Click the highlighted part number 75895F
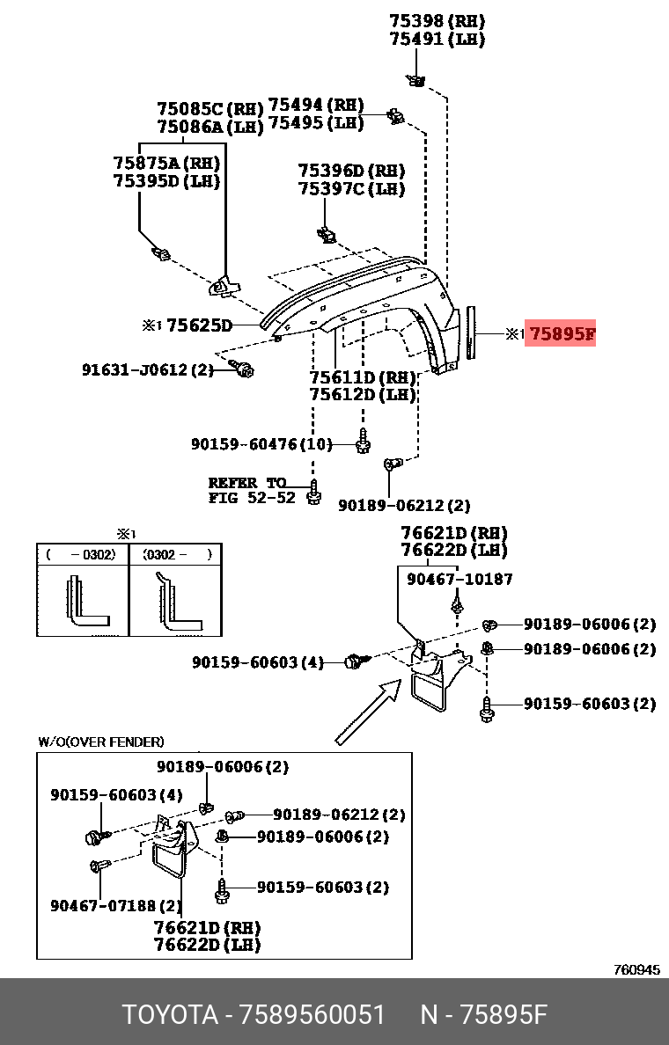pyautogui.click(x=561, y=333)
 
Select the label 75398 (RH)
pyautogui.click(x=437, y=21)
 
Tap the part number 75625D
pyautogui.click(x=199, y=326)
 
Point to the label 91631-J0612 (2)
pyautogui.click(x=148, y=370)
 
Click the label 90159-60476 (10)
pyautogui.click(x=261, y=445)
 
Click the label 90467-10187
pyautogui.click(x=459, y=579)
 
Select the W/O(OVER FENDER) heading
pyautogui.click(x=100, y=742)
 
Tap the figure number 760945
pyautogui.click(x=636, y=970)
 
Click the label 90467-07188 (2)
pyautogui.click(x=116, y=904)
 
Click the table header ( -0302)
pyautogui.click(x=82, y=555)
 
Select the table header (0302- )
pyautogui.click(x=176, y=555)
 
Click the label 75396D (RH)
pyautogui.click(x=351, y=171)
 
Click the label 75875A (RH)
pyautogui.click(x=166, y=163)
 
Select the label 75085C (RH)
pyautogui.click(x=210, y=109)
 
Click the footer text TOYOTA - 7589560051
pyautogui.click(x=254, y=1014)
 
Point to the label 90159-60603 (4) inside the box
pyautogui.click(x=116, y=794)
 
